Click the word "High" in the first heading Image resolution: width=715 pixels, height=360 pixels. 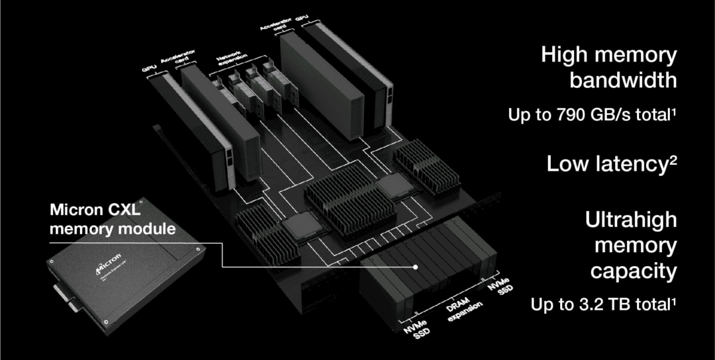click(x=564, y=55)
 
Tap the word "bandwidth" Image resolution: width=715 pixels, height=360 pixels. click(x=623, y=81)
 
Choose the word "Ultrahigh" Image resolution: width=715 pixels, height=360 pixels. click(x=631, y=219)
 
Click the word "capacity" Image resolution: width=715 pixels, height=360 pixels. click(x=634, y=271)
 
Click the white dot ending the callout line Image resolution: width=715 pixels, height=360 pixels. click(x=415, y=267)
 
